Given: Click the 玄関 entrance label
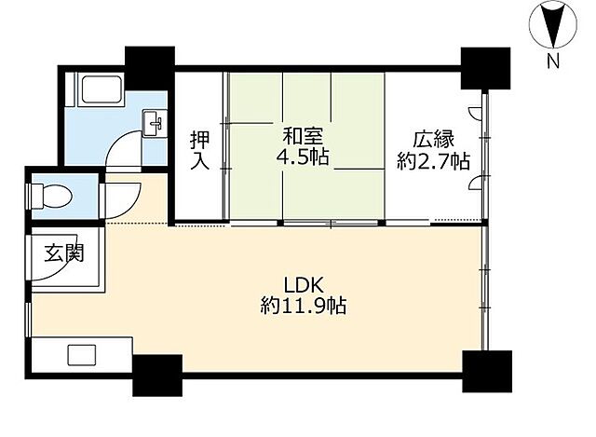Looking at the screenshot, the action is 63,253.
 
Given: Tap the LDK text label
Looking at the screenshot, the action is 304,285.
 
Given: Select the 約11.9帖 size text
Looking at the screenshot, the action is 304,306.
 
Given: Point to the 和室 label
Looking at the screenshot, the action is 304,137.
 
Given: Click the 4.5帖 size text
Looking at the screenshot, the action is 303,157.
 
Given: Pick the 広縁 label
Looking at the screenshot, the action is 434,140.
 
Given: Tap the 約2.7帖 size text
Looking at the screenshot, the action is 434,161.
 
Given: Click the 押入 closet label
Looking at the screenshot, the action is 200,150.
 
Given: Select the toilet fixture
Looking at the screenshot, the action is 50,197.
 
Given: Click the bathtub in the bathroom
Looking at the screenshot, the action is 102,89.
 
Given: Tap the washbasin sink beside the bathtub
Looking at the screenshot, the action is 154,123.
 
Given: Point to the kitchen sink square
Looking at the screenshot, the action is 82,354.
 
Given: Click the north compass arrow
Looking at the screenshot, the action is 553,24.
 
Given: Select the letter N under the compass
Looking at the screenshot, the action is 553,61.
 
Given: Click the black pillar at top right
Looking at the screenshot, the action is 485,68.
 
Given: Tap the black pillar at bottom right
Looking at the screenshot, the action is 487,371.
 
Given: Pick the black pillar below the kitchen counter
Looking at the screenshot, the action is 157,376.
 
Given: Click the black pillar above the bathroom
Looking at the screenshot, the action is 150,68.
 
